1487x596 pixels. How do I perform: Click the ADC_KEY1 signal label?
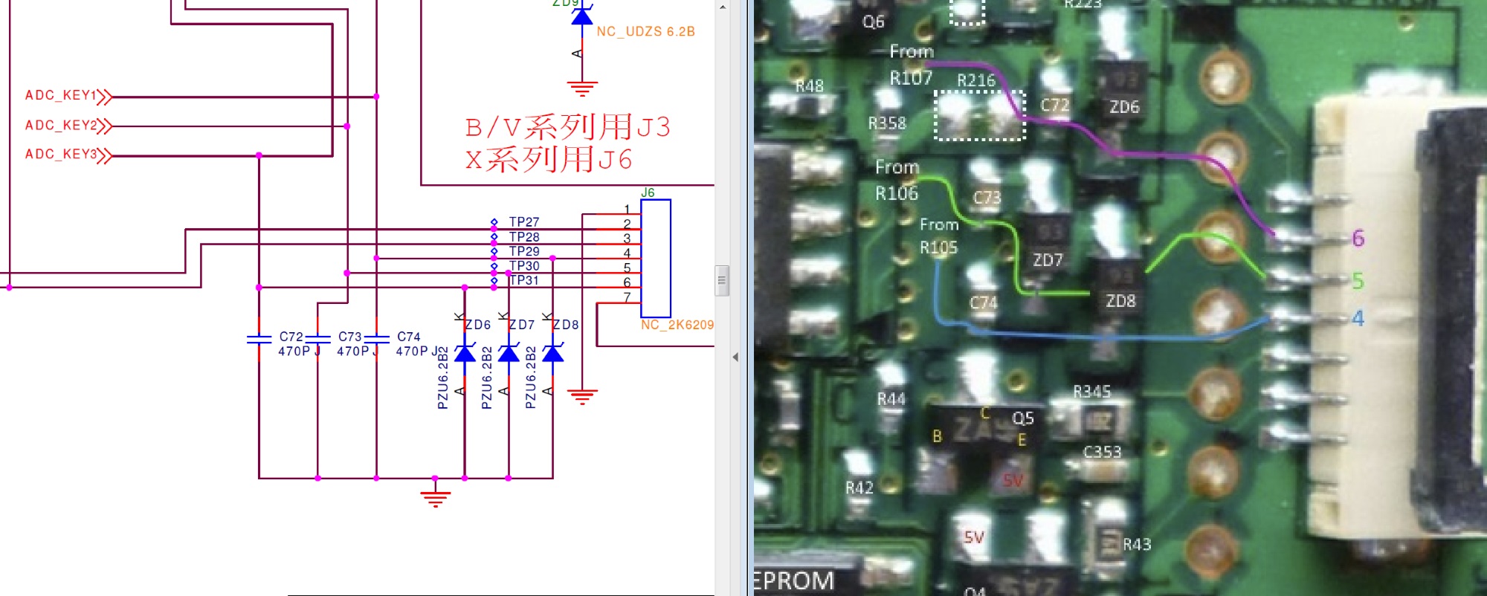pos(61,96)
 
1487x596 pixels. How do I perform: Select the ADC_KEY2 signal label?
pos(61,126)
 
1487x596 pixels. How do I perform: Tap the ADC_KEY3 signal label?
pos(61,155)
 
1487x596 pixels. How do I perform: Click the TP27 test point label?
pos(523,222)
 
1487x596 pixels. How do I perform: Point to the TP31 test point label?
pos(523,280)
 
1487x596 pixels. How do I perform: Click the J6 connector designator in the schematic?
pos(648,193)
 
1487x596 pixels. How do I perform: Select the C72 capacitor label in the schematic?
pos(291,337)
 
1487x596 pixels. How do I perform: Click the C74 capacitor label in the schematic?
pos(408,337)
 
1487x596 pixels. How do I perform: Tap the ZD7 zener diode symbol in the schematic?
pos(509,353)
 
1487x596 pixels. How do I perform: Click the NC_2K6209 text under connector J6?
pos(677,325)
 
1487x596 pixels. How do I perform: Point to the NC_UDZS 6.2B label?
pos(645,32)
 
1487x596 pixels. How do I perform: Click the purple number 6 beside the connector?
pos(1358,239)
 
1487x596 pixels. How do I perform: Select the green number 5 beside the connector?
pos(1358,281)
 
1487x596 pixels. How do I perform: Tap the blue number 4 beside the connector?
pos(1358,318)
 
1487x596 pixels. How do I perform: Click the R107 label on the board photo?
pos(911,78)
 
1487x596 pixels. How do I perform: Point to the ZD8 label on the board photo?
pos(1120,301)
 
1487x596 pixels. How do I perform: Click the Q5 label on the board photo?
pos(1022,418)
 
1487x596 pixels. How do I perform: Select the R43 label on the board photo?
pos(1136,545)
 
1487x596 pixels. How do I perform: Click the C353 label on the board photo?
pos(1102,452)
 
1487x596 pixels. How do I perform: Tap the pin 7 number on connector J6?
pos(627,297)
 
